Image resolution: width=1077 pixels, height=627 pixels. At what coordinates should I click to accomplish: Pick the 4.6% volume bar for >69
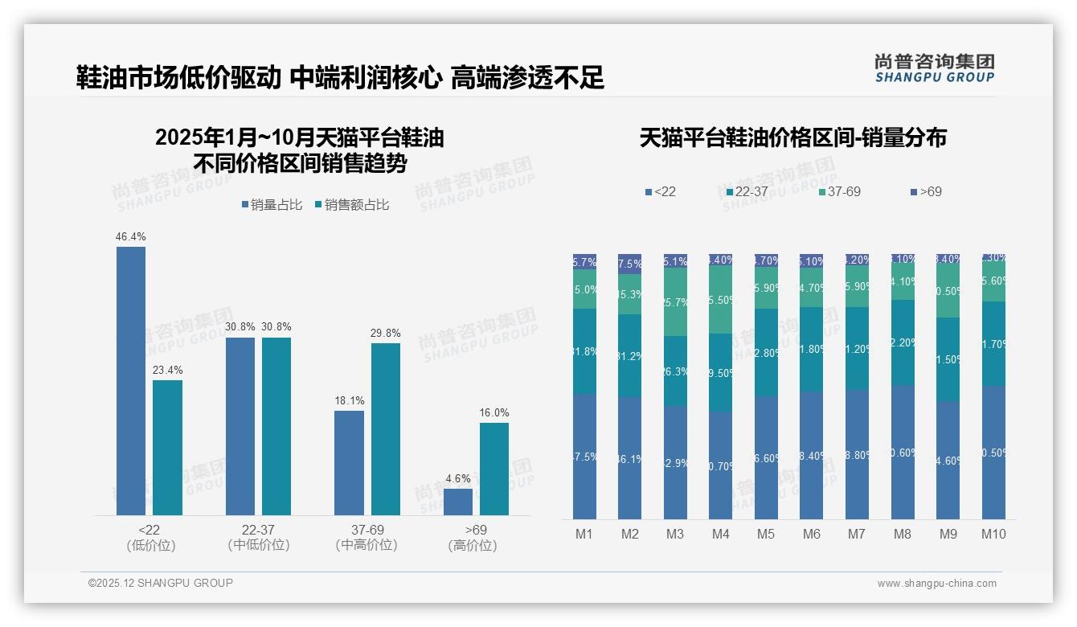click(458, 502)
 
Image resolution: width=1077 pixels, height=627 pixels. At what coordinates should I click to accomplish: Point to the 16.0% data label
click(494, 412)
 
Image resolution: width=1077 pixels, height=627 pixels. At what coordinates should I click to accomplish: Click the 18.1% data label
click(349, 400)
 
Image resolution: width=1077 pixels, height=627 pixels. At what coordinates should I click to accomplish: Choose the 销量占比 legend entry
click(272, 205)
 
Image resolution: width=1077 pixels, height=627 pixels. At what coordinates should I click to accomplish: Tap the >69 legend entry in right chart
click(926, 191)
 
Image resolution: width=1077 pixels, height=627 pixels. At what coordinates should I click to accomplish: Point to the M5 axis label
click(765, 534)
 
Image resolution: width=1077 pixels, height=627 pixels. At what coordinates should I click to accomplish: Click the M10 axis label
click(993, 534)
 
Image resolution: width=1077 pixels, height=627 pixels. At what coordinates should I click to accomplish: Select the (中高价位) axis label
click(367, 545)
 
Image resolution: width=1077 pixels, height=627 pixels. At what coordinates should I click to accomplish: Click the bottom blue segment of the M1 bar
click(584, 456)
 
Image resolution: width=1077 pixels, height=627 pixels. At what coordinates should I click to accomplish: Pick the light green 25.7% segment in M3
click(675, 301)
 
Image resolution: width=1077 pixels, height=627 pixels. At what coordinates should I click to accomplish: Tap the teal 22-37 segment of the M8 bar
click(903, 342)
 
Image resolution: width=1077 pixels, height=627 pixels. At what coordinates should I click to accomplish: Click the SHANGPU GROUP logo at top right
click(934, 68)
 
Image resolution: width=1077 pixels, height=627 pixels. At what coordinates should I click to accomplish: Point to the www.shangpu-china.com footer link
click(936, 584)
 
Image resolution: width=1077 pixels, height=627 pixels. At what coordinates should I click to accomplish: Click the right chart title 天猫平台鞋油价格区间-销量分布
click(792, 137)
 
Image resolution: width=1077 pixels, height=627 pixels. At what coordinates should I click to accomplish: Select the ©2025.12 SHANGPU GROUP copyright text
click(161, 583)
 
